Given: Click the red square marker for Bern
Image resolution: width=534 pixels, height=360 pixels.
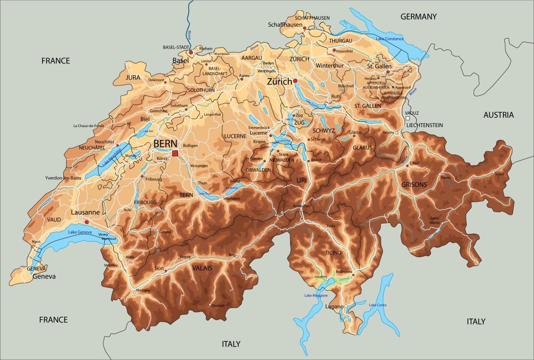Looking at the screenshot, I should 175,153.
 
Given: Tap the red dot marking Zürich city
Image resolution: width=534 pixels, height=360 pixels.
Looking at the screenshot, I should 295,81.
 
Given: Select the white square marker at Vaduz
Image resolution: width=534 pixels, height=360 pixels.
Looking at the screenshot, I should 407,119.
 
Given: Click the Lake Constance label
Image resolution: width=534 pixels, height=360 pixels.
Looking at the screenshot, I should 390,39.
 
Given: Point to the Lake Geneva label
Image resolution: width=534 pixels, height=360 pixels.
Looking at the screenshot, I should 80,232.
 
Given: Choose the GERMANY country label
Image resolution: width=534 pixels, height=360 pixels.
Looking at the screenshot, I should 418,17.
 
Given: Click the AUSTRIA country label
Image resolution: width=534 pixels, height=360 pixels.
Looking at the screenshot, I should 498,115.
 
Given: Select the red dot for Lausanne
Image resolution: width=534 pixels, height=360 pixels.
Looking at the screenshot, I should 87,222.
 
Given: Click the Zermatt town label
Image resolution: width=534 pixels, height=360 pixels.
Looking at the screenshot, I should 218,306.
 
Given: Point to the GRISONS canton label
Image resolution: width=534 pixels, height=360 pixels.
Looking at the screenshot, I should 414,185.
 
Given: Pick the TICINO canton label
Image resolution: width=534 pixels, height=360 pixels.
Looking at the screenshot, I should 333,252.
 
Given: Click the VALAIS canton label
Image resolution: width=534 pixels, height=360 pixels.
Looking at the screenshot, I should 202,268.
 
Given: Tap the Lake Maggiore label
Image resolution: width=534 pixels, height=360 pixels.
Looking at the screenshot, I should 315,295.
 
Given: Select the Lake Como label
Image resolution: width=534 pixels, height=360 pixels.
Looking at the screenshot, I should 378,305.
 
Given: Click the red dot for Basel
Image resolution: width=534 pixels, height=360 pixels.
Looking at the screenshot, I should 191,52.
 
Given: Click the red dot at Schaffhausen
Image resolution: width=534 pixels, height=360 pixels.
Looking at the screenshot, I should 305,28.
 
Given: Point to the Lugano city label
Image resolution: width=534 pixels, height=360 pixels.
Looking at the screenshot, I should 334,307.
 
